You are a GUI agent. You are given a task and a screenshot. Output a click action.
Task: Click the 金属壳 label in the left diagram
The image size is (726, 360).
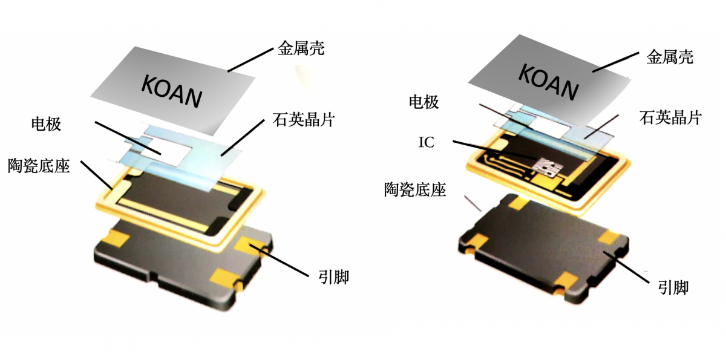(x=301, y=48)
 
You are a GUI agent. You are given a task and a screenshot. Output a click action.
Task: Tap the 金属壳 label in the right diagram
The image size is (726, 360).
(x=670, y=57)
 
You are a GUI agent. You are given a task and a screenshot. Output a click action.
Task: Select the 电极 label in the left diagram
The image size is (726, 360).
(x=46, y=124)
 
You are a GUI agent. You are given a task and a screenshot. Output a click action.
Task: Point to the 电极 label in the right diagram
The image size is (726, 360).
(x=423, y=102)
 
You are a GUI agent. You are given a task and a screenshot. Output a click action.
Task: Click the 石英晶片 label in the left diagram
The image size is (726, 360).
(x=303, y=119)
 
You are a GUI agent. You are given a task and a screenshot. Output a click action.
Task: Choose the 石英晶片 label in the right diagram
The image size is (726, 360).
(x=670, y=117)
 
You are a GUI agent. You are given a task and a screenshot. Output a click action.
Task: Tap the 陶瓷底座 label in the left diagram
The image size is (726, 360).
(x=39, y=166)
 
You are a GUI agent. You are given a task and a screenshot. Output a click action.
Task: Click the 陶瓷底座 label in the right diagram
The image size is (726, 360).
(x=415, y=189)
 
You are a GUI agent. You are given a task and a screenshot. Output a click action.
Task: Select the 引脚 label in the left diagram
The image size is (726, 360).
(x=333, y=277)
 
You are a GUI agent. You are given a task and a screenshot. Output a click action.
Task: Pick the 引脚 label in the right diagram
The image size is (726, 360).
(x=673, y=287)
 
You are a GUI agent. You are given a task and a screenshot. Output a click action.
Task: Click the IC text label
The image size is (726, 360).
(x=426, y=142)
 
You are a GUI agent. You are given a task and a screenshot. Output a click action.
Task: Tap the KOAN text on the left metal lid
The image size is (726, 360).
(x=172, y=91)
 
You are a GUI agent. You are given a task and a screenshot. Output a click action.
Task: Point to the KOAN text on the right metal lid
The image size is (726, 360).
(x=548, y=82)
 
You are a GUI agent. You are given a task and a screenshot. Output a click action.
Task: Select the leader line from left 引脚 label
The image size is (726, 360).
(x=279, y=261)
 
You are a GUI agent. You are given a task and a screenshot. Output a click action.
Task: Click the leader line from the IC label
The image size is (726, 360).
(x=495, y=150)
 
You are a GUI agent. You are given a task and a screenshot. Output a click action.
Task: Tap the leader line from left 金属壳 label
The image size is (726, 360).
(x=250, y=61)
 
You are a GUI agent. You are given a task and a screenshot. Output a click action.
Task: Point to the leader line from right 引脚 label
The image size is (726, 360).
(x=626, y=267)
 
